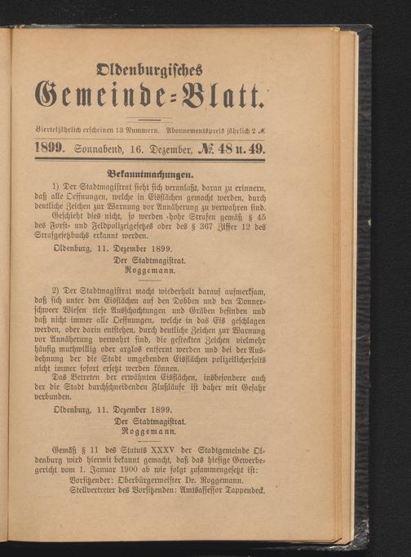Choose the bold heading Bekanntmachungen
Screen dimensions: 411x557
(155, 173)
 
